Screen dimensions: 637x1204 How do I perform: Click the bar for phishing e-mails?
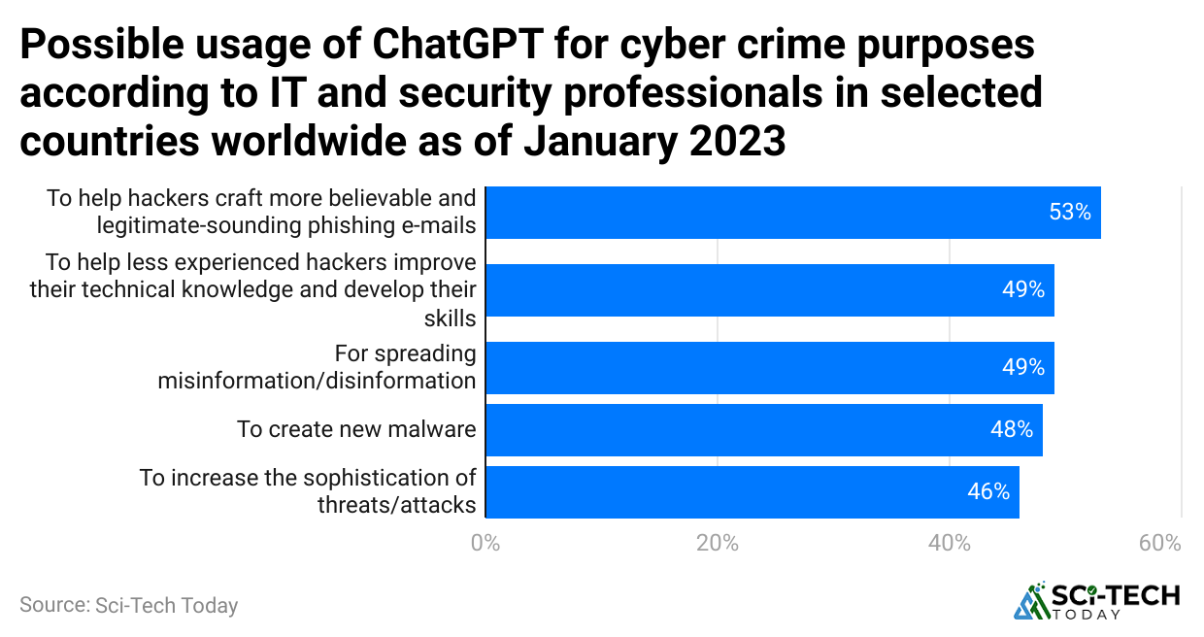click(792, 213)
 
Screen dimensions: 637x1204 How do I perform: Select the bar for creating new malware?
click(763, 430)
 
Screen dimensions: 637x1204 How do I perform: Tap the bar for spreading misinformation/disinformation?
click(769, 368)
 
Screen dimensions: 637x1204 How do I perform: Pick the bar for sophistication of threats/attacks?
click(752, 492)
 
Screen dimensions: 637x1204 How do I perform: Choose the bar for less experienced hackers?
click(769, 290)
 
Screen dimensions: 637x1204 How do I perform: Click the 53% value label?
click(1070, 212)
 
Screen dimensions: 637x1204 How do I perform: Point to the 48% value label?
click(1012, 429)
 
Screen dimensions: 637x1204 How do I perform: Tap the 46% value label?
click(988, 491)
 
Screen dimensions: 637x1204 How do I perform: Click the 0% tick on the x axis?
click(485, 543)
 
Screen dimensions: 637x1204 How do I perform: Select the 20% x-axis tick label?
click(718, 543)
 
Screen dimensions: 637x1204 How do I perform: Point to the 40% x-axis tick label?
click(950, 543)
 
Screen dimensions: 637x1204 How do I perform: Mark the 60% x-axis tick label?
click(1160, 543)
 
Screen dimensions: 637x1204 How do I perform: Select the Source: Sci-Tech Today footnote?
click(128, 605)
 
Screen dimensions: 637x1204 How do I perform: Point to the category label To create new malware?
click(356, 429)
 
